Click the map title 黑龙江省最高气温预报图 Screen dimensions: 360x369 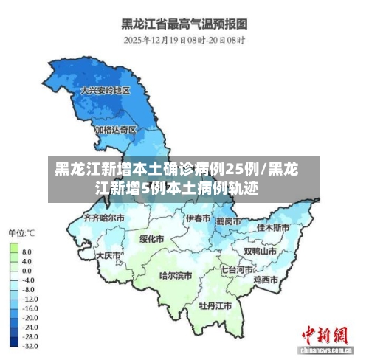[x=184, y=24]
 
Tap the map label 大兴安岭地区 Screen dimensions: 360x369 [x=105, y=91]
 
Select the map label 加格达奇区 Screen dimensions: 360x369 [x=115, y=129]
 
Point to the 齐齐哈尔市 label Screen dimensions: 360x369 [x=106, y=218]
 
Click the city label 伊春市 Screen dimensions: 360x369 [x=198, y=218]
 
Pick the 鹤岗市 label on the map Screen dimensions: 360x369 [x=230, y=221]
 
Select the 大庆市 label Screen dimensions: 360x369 [x=108, y=255]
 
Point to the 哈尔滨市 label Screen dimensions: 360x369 [x=175, y=275]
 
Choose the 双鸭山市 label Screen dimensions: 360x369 [x=261, y=251]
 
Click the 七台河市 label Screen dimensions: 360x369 [x=235, y=270]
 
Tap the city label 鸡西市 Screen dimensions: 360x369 [x=265, y=280]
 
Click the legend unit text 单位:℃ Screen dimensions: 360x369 [x=23, y=234]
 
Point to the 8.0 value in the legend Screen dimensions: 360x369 [x=27, y=252]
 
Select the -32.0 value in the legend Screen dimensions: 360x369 [x=29, y=345]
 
